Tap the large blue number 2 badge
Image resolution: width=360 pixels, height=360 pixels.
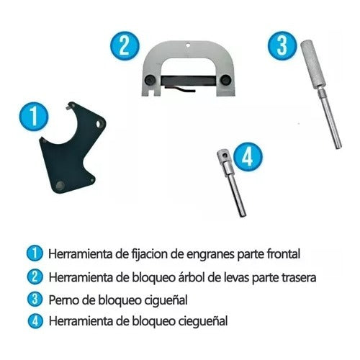(x=125, y=47)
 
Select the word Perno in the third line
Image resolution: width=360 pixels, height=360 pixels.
(x=64, y=298)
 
